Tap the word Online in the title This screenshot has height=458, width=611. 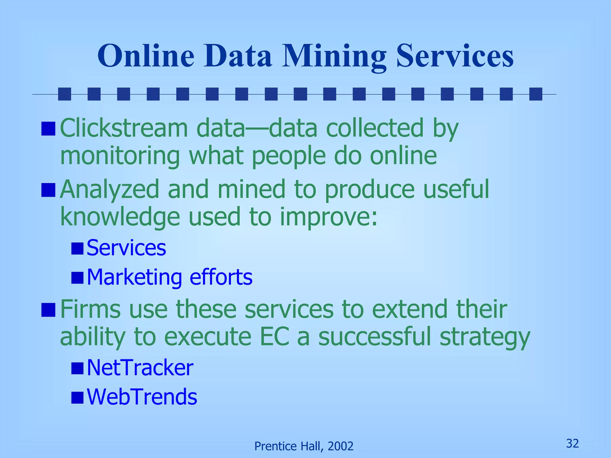(146, 57)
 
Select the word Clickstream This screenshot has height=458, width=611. (124, 128)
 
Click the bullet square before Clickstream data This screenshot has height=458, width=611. (48, 129)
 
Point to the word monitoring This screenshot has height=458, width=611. (120, 156)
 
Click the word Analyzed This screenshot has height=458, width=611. (109, 190)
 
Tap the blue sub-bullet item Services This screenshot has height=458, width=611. (126, 248)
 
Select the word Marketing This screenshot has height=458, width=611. (134, 277)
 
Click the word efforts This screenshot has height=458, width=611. (221, 277)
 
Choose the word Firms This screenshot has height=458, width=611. (90, 310)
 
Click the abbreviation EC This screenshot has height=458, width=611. (274, 337)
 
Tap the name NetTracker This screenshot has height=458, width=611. (140, 368)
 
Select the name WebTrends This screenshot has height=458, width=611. (142, 397)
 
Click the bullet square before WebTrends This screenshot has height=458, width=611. (78, 397)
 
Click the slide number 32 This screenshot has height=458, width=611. (573, 443)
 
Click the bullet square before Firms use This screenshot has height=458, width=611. (48, 310)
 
